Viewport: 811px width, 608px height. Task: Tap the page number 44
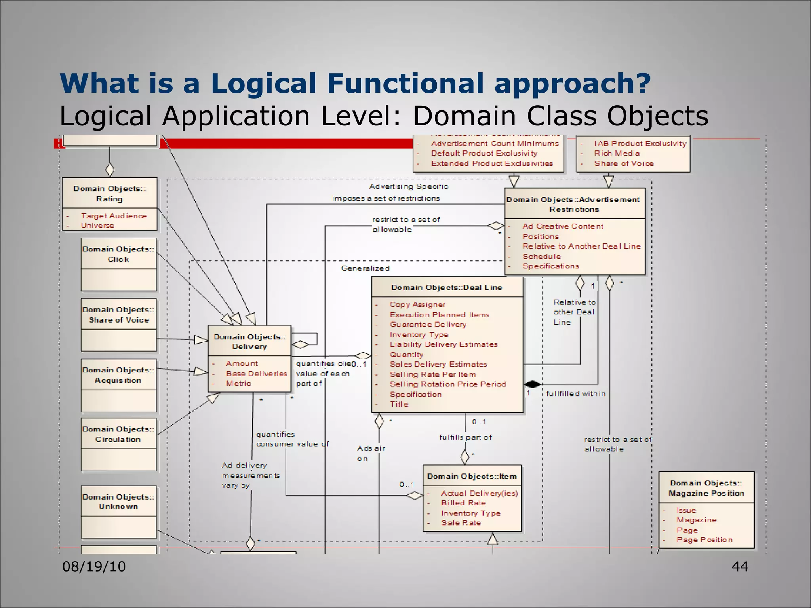(x=740, y=566)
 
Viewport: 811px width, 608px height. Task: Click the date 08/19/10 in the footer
(x=94, y=566)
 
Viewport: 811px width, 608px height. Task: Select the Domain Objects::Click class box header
(x=118, y=254)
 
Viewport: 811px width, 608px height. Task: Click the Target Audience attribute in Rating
(x=114, y=216)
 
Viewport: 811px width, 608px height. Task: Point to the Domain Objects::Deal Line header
(x=447, y=287)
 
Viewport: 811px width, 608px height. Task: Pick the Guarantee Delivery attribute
(x=428, y=325)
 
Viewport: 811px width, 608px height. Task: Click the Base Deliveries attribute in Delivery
(x=256, y=374)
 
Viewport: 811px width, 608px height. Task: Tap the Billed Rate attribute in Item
(x=463, y=503)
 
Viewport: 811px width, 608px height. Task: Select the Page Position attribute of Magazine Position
(x=704, y=540)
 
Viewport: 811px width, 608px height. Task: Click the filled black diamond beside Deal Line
(x=532, y=384)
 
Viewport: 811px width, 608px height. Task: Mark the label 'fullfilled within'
(x=575, y=394)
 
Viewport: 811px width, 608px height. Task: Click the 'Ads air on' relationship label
(x=370, y=453)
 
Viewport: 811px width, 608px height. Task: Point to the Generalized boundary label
(x=365, y=268)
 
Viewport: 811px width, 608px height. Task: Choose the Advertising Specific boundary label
(x=409, y=186)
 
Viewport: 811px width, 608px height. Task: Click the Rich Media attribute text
(x=617, y=153)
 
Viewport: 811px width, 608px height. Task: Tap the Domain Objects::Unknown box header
(x=118, y=502)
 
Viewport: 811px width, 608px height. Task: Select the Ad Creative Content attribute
(x=563, y=226)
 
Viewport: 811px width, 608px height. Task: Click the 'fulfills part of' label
(x=465, y=437)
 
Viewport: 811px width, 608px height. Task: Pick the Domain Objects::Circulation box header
(x=118, y=434)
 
